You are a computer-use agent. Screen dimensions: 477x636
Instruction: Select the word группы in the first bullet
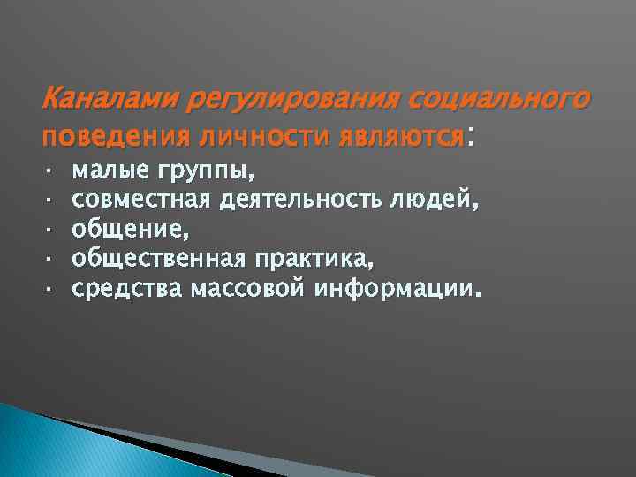[208, 169]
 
